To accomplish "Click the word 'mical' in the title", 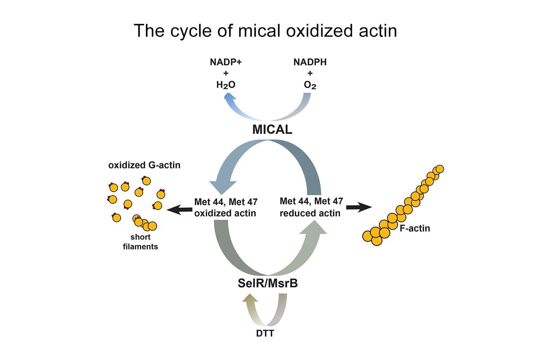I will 259,31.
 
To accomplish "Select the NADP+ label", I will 226,62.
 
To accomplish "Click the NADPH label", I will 310,62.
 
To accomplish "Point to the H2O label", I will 226,85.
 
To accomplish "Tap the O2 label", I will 310,85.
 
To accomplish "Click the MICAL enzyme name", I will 272,130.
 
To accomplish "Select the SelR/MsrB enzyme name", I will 268,283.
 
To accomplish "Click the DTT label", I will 265,333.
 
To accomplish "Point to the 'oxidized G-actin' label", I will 144,165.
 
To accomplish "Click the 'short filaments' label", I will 140,242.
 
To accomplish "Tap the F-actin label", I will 415,228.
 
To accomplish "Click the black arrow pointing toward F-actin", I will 358,207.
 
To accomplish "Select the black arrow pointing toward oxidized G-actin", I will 179,209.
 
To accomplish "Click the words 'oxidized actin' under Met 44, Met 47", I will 225,213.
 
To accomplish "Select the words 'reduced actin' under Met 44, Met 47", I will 310,213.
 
